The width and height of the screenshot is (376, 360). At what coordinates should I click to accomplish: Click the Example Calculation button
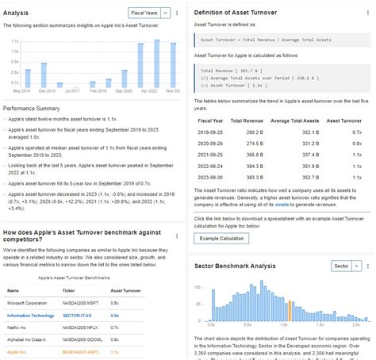click(x=221, y=239)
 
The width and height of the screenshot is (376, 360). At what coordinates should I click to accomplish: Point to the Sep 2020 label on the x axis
click(x=124, y=91)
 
